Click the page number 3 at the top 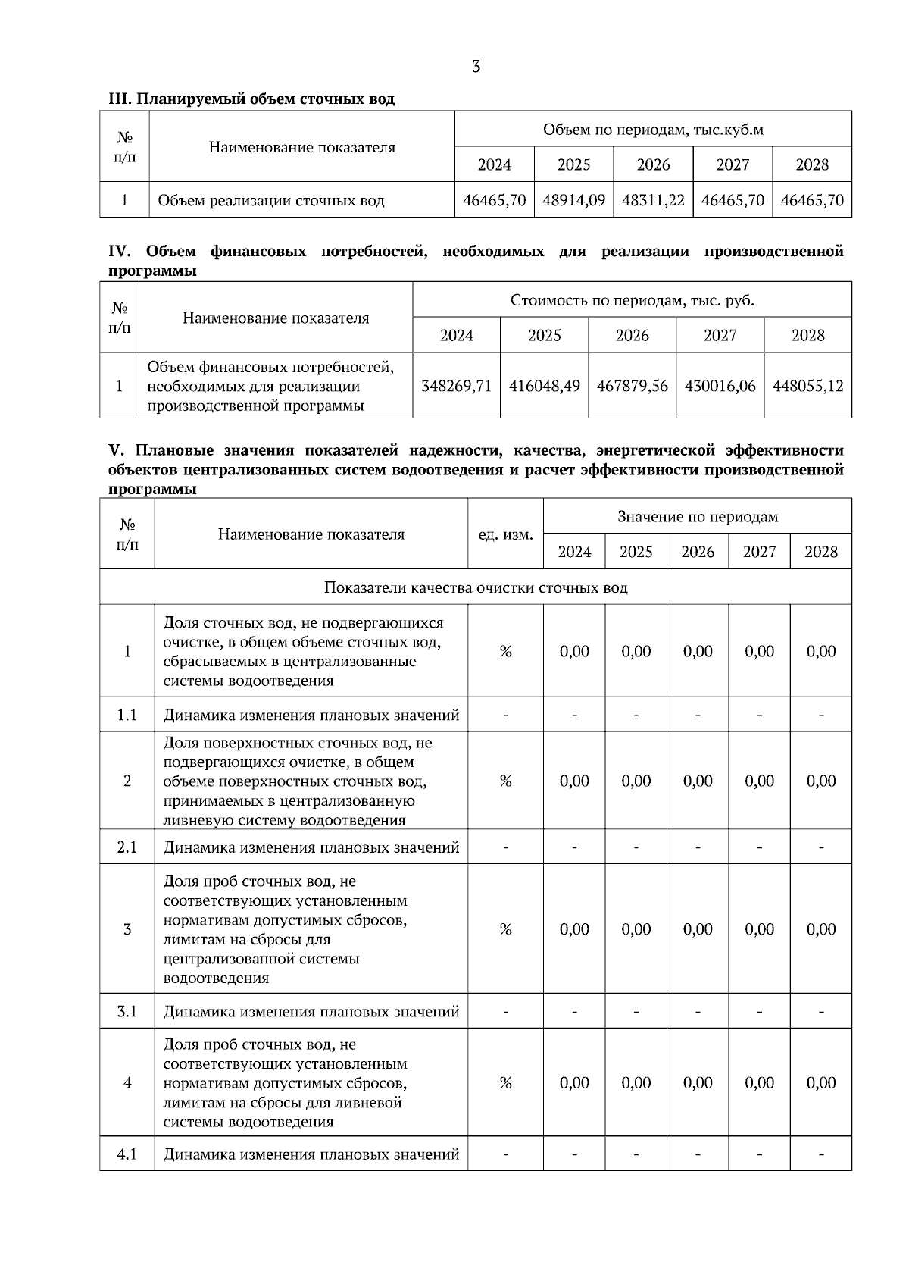[x=476, y=67]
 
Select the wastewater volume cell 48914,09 [x=574, y=201]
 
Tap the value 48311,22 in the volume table [x=653, y=201]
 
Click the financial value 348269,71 [x=456, y=386]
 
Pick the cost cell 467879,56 [x=633, y=386]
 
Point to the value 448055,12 [x=807, y=386]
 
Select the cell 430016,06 [x=720, y=386]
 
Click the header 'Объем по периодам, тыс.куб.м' [x=653, y=130]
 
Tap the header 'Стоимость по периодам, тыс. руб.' [x=633, y=300]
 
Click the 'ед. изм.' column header [x=505, y=534]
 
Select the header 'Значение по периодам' [x=698, y=517]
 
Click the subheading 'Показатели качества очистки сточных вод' [x=476, y=587]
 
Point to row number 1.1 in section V [x=127, y=715]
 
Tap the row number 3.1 [x=127, y=1011]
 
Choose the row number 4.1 [x=127, y=1154]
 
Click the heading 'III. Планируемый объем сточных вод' [x=251, y=99]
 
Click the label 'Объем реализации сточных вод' [x=271, y=201]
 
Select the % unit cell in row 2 [x=505, y=781]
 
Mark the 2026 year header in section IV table [x=633, y=336]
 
